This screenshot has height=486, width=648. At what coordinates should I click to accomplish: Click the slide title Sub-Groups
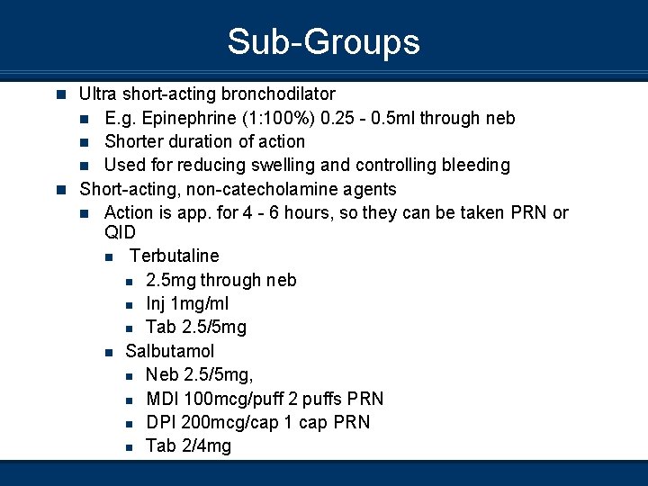[323, 42]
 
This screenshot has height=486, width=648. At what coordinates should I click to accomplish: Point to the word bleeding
[474, 165]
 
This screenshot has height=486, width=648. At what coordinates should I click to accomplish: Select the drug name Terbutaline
[174, 256]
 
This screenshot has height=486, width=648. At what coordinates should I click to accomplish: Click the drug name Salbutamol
[170, 351]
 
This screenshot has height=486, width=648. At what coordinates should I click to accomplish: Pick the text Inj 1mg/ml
[187, 304]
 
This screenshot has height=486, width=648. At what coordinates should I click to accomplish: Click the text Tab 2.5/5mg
[195, 328]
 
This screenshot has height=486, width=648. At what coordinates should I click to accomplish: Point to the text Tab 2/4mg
[188, 445]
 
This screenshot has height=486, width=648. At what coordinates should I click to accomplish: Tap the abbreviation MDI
[163, 399]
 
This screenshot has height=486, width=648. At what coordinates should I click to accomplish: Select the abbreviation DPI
[161, 422]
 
